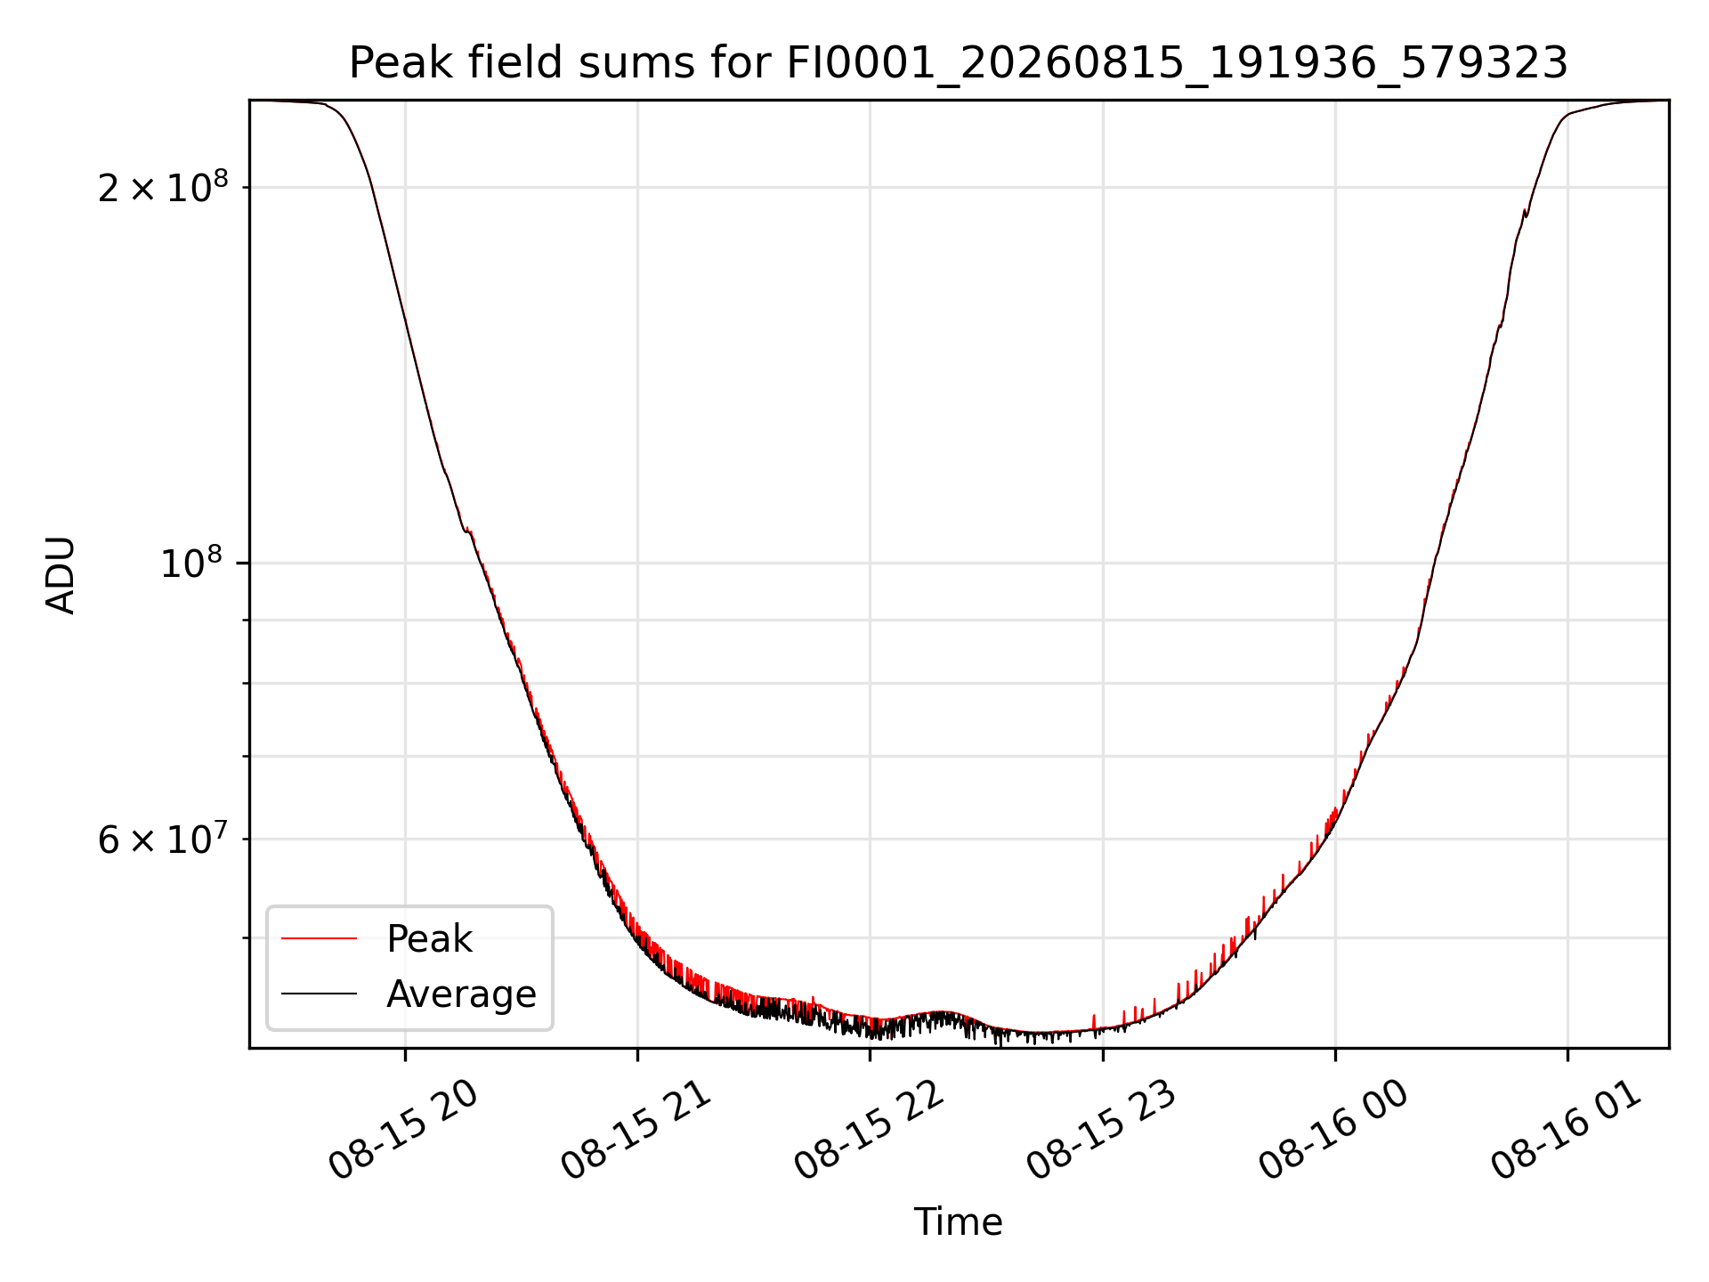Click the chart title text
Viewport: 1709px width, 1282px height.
[958, 63]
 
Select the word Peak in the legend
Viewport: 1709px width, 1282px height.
[429, 939]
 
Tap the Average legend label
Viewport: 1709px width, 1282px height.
[461, 994]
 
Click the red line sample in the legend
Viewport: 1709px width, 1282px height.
[319, 938]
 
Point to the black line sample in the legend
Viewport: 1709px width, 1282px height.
[319, 994]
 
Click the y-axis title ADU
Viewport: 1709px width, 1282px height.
[61, 575]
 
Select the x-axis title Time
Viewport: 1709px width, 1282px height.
[958, 1222]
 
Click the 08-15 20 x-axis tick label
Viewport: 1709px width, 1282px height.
[403, 1131]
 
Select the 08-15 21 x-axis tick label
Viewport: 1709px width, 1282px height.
[636, 1131]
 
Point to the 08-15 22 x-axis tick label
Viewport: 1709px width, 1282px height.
[869, 1131]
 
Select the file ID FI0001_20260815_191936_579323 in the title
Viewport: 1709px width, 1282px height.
[1178, 64]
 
